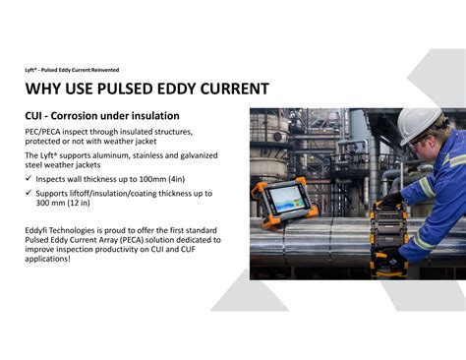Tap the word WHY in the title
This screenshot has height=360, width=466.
(44, 90)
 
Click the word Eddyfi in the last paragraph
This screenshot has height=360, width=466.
(39, 229)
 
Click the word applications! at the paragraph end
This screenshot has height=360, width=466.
(47, 259)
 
